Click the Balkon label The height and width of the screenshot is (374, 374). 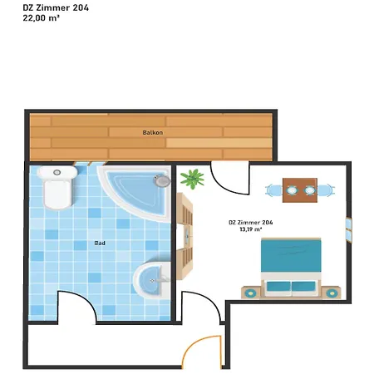(x=152, y=132)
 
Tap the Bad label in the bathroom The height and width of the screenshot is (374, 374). (x=100, y=243)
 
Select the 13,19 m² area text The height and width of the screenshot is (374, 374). (x=251, y=229)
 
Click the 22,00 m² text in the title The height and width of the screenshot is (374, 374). (x=42, y=18)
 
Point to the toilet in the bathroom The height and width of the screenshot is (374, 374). (x=57, y=187)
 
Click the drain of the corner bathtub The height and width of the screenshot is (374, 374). (x=162, y=180)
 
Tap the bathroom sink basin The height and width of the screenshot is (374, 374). (x=151, y=280)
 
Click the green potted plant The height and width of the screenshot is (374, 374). (x=192, y=179)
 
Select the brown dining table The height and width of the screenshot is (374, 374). (x=300, y=190)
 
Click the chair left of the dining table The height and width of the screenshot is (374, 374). (x=273, y=190)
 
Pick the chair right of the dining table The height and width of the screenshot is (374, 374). (x=326, y=190)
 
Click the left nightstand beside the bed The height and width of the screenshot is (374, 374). (x=251, y=293)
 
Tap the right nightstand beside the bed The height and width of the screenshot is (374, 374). (x=332, y=293)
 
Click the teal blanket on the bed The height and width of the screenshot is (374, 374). (x=291, y=255)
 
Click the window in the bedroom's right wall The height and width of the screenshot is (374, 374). (x=349, y=230)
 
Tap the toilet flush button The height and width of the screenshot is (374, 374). (x=57, y=173)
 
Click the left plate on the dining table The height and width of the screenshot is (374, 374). (x=292, y=190)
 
